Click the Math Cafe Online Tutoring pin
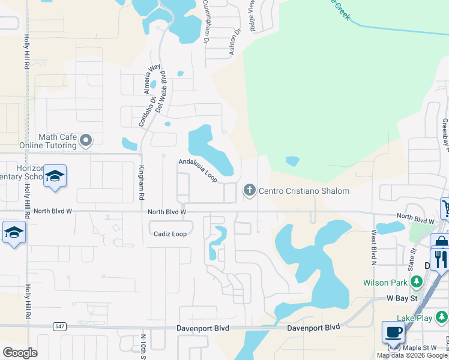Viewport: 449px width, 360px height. (x=86, y=140)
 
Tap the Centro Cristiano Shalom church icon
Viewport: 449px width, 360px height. (x=249, y=191)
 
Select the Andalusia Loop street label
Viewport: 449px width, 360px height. (x=197, y=170)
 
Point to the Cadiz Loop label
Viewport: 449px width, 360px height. (x=170, y=234)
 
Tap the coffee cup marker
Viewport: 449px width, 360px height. (x=393, y=332)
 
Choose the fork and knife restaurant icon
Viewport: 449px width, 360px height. (x=439, y=259)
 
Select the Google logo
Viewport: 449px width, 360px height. (x=20, y=352)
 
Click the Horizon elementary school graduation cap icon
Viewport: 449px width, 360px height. (x=54, y=176)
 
